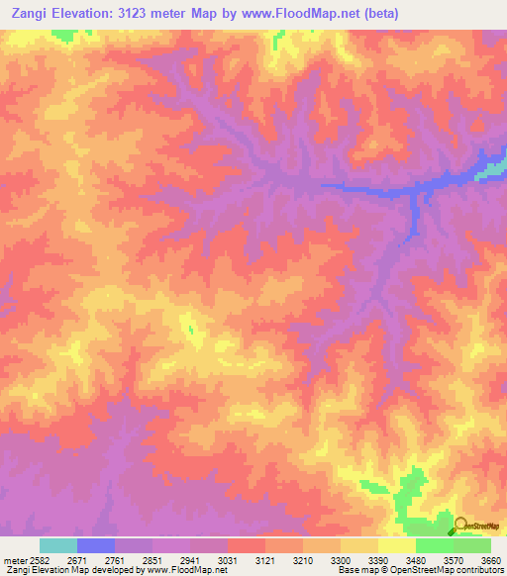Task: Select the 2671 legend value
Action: pos(77,560)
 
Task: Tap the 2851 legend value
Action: pos(152,560)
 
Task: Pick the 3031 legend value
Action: pos(228,560)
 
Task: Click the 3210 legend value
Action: pos(303,560)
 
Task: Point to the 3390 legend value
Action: pos(378,560)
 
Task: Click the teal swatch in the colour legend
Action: pos(58,545)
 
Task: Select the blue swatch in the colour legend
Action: pos(96,545)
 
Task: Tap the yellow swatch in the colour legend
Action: pos(397,545)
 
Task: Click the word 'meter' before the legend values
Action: pos(11,560)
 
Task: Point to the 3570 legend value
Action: pos(454,560)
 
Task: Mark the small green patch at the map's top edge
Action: pos(64,35)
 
